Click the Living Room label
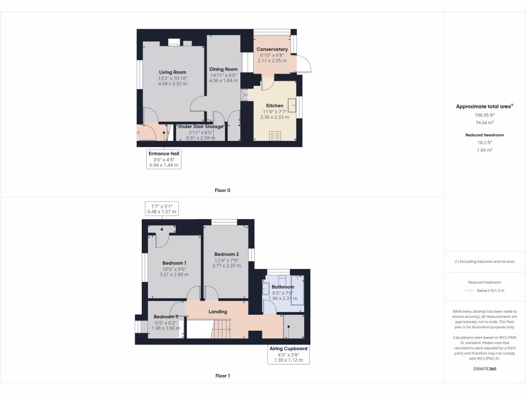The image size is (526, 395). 172,72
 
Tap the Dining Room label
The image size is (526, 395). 223,69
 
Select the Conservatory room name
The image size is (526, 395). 272,49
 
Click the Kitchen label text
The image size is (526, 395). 275,105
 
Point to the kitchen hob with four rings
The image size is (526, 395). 275,136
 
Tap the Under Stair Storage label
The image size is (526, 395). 200,127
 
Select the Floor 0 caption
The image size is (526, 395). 222,190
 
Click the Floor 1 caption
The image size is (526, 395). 222,376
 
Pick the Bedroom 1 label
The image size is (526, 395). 174,263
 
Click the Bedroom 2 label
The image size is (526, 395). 227,254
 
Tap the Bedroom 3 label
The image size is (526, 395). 166,316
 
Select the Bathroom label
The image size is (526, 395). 283,287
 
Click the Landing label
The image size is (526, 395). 218,312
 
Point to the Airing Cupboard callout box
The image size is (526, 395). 289,354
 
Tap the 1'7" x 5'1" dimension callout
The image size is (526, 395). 162,208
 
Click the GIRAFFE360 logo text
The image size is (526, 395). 485,369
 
